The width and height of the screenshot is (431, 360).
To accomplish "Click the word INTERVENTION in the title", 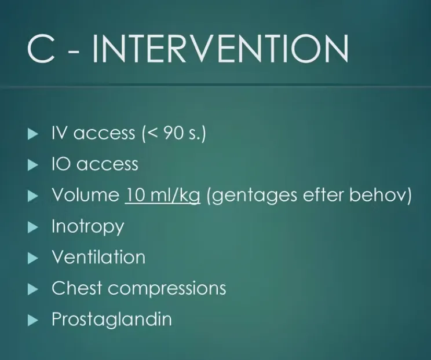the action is pos(221,49).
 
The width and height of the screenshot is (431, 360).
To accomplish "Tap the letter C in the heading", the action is pos(41,49).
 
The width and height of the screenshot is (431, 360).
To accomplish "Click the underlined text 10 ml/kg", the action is pos(162,196).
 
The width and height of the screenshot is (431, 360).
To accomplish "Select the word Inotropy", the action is pos(88,227).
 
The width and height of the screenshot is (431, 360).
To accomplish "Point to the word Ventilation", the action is pos(98,257).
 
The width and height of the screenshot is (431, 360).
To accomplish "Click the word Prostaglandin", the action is pos(112,319).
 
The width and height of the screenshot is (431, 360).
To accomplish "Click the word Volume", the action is pos(86,195).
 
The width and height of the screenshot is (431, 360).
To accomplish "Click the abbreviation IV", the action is pos(60,133).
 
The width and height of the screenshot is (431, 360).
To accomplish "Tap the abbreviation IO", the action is pos(61,164).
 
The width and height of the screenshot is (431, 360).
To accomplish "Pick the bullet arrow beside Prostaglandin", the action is pos(33,320).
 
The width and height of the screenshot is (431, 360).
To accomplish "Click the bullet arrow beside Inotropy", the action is pos(33,227).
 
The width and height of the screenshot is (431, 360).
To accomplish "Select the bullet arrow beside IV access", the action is pos(33,134).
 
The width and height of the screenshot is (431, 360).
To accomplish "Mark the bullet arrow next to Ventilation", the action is pos(33,258).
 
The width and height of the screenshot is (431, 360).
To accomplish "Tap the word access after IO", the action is pos(107,165).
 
